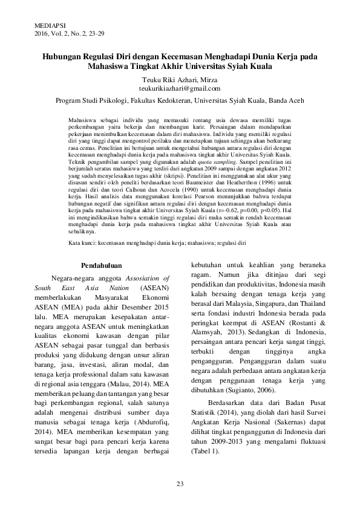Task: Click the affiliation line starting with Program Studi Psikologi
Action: pyautogui.click(x=180, y=101)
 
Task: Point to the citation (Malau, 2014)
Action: pyautogui.click(x=137, y=383)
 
